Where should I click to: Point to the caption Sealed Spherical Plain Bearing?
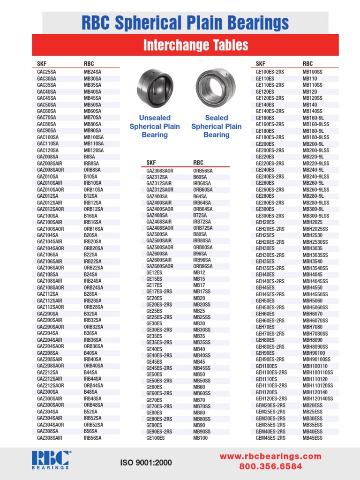[x=216, y=127]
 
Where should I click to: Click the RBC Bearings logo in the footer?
[x=51, y=460]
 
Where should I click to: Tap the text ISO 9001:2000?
[x=146, y=463]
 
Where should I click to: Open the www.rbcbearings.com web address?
[x=271, y=456]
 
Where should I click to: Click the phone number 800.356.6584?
[x=271, y=466]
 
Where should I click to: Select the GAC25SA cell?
[x=46, y=72]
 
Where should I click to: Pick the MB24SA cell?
[x=92, y=72]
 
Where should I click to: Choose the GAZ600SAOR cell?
[x=160, y=266]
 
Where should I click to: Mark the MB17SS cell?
[x=202, y=292]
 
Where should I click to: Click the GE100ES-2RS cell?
[x=270, y=72]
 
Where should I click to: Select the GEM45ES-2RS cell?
[x=270, y=438]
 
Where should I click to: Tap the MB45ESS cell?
[x=312, y=438]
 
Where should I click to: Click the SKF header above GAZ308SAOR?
[x=151, y=163]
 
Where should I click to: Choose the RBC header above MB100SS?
[x=307, y=63]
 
